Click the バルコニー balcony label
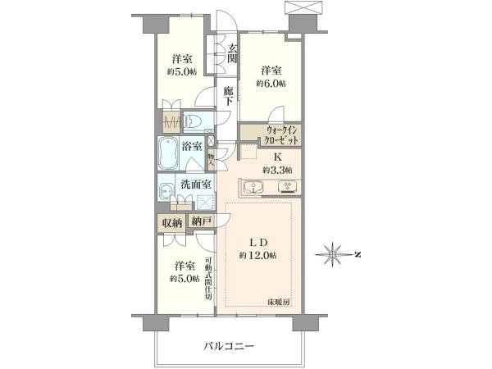click(x=229, y=346)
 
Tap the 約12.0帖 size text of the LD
click(x=258, y=255)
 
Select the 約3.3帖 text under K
click(x=278, y=171)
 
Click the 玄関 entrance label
click(x=232, y=53)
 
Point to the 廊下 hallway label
click(x=229, y=96)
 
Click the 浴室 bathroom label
click(x=191, y=146)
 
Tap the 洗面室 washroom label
click(x=196, y=184)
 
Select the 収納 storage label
click(x=171, y=223)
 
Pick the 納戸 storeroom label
click(x=201, y=222)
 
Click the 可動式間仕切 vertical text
click(x=208, y=278)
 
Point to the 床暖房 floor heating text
click(x=278, y=302)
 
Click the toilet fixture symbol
click(x=194, y=121)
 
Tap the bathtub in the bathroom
click(x=168, y=153)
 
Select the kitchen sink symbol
click(x=253, y=187)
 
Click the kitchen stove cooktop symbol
click(x=288, y=186)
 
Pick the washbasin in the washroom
click(x=165, y=190)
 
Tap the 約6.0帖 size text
click(x=271, y=84)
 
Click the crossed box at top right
click(x=303, y=7)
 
